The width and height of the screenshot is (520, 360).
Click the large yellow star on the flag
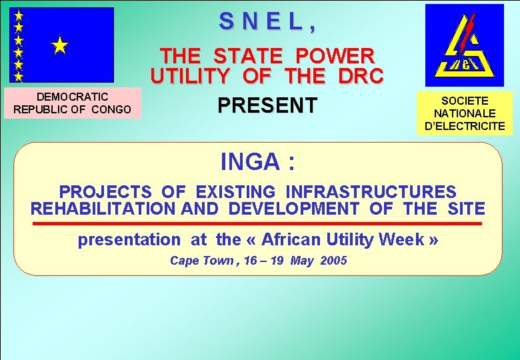[60, 45]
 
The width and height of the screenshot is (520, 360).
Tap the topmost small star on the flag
[19, 15]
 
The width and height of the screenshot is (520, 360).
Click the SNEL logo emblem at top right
[464, 45]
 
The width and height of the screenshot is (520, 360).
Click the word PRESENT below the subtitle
[267, 105]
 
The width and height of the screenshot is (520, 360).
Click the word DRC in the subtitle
[359, 77]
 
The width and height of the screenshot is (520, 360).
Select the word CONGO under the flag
[110, 109]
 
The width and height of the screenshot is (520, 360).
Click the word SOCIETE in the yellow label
[464, 101]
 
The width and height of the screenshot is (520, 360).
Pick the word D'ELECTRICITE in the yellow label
[464, 126]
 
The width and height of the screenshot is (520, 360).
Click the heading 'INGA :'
[258, 162]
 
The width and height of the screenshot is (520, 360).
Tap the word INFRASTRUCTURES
[371, 192]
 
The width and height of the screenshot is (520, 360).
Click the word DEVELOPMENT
[293, 209]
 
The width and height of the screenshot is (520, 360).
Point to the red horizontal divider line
[257, 223]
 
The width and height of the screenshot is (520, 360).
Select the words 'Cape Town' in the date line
[196, 261]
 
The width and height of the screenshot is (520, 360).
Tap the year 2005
[333, 261]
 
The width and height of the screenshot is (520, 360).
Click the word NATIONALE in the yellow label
[464, 114]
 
